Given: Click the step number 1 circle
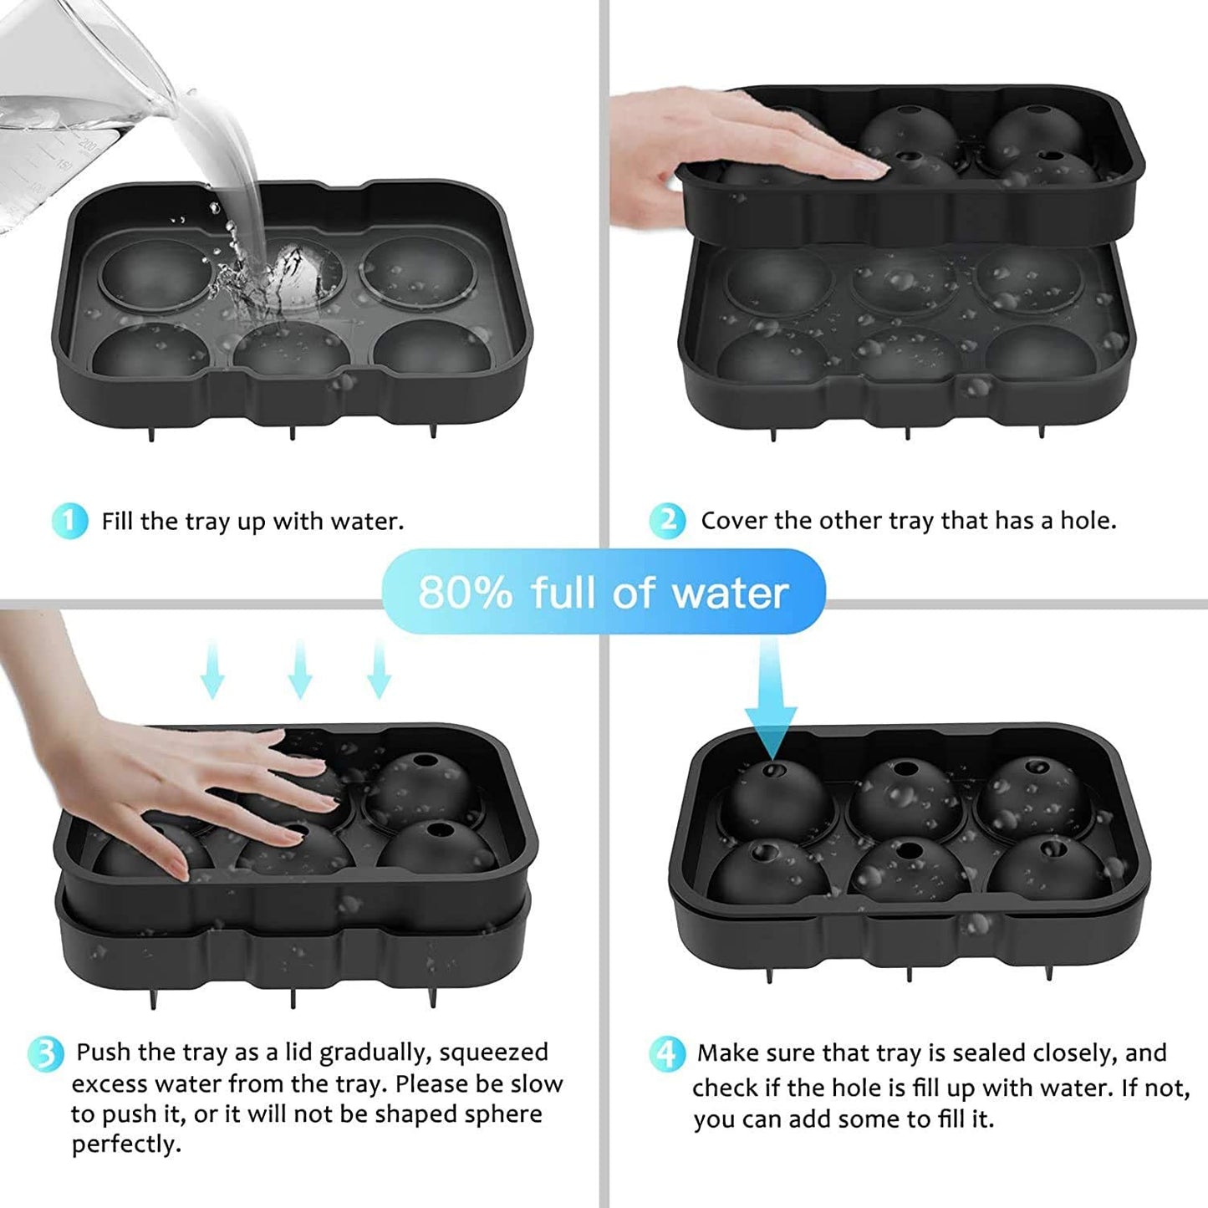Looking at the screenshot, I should (x=69, y=522).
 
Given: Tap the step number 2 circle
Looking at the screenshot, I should (x=667, y=521).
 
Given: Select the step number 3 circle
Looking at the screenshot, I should (x=45, y=1053).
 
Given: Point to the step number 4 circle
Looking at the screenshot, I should (x=666, y=1053).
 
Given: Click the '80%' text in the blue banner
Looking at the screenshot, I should (x=465, y=592).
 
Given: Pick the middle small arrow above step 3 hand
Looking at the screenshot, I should (x=299, y=669).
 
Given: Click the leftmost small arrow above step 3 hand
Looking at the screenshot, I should (x=213, y=669).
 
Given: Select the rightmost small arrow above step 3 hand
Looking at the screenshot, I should (x=379, y=669).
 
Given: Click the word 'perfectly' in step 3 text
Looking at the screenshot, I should (x=125, y=1144).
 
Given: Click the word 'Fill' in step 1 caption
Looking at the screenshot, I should (x=118, y=522).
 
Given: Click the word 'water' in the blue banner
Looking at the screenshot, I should (x=730, y=592).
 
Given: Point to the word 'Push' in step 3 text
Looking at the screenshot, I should (x=104, y=1053).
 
